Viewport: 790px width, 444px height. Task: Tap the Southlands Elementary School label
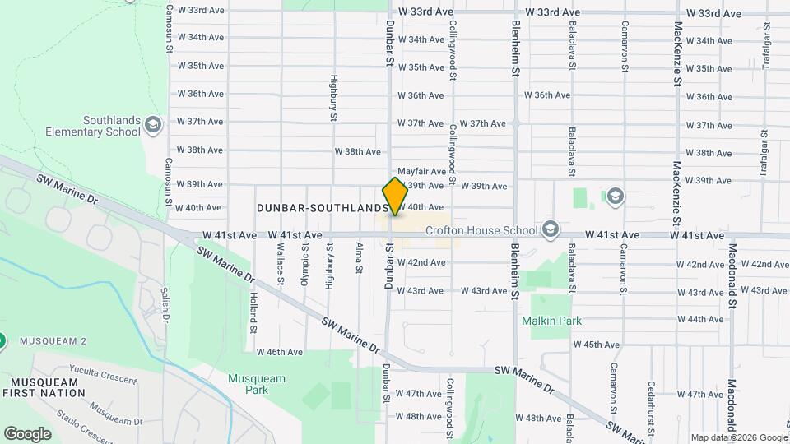[93, 125]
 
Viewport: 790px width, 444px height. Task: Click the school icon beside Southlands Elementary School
[152, 125]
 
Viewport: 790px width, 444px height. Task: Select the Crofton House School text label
[481, 230]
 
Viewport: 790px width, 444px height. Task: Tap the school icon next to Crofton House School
[551, 229]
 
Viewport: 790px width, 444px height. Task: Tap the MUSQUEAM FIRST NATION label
[44, 387]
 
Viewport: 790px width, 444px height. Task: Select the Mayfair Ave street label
[421, 172]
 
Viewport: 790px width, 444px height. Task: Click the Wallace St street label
[281, 269]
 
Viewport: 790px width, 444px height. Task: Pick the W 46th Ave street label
[280, 352]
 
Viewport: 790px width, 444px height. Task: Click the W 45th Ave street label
[597, 345]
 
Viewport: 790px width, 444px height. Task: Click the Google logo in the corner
[28, 433]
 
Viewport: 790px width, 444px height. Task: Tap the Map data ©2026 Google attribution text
[737, 437]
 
